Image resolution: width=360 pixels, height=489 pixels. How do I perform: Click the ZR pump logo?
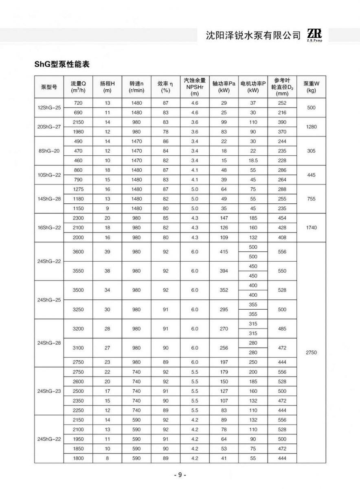(x=315, y=35)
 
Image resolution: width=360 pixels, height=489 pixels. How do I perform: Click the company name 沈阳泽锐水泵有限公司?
(x=253, y=36)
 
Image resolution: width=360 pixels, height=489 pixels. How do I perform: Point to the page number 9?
(x=180, y=475)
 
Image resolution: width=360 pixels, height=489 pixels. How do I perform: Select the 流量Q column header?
(x=78, y=87)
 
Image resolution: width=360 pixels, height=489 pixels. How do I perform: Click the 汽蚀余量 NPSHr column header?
(x=195, y=87)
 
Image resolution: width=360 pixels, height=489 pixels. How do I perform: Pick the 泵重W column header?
(x=311, y=87)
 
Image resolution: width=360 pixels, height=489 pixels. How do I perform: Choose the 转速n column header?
(x=136, y=87)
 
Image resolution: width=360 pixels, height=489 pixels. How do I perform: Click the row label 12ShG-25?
(x=49, y=108)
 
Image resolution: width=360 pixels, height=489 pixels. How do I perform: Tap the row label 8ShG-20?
(x=49, y=151)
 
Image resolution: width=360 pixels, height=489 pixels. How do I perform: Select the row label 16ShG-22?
(x=49, y=227)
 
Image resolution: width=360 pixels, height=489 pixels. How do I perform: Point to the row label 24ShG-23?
(x=49, y=391)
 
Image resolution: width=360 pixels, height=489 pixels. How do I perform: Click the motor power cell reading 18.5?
(x=253, y=161)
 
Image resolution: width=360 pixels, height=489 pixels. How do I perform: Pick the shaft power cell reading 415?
(x=224, y=252)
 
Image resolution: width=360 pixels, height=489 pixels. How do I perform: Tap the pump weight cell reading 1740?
(x=311, y=227)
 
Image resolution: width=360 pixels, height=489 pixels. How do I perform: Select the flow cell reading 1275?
(x=78, y=189)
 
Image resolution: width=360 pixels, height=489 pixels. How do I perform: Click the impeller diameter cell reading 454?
(x=282, y=218)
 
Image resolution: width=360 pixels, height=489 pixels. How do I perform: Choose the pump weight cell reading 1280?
(x=311, y=127)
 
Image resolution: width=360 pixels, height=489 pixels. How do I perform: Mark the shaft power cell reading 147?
(x=224, y=218)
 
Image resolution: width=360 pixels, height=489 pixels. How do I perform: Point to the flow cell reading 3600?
(x=78, y=252)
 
